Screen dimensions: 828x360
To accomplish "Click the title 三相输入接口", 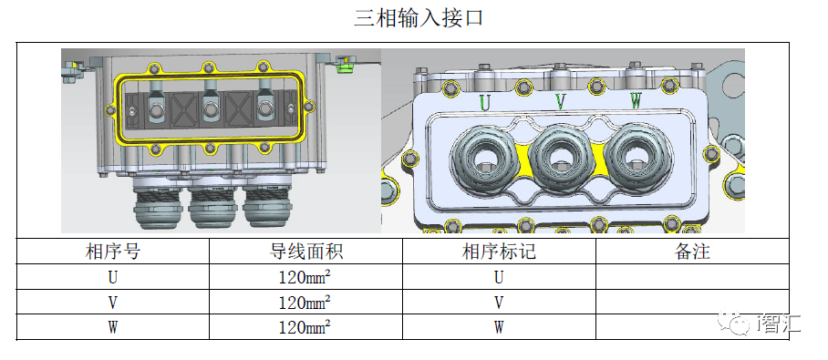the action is pos(419,18).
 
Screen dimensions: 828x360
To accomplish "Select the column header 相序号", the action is pos(112,252).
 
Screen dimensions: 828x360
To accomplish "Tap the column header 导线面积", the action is pos(305,252).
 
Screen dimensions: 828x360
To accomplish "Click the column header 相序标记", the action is pos(499,252).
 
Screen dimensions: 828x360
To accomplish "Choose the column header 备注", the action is pos(692,252).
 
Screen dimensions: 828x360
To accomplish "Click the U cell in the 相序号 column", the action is pos(112,276).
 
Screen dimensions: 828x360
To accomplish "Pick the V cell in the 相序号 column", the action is pos(112,302).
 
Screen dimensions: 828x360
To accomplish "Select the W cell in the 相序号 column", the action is pos(112,327).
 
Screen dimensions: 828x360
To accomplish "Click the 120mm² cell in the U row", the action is pos(305,276).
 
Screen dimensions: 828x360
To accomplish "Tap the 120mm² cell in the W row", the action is pos(305,327).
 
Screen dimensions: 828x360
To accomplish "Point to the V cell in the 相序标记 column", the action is pos(499,302).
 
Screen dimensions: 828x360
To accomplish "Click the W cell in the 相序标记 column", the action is pos(499,327).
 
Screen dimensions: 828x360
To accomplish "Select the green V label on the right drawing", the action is pos(560,101).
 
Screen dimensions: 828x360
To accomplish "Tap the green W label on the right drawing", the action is pos(637,101).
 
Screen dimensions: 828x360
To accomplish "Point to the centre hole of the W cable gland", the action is pos(636,158).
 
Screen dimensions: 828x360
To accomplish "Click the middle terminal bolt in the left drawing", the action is pos(210,109).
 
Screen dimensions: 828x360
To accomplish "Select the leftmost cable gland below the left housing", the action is pos(156,207).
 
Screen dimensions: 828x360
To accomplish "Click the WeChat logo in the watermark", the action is pos(732,324).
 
